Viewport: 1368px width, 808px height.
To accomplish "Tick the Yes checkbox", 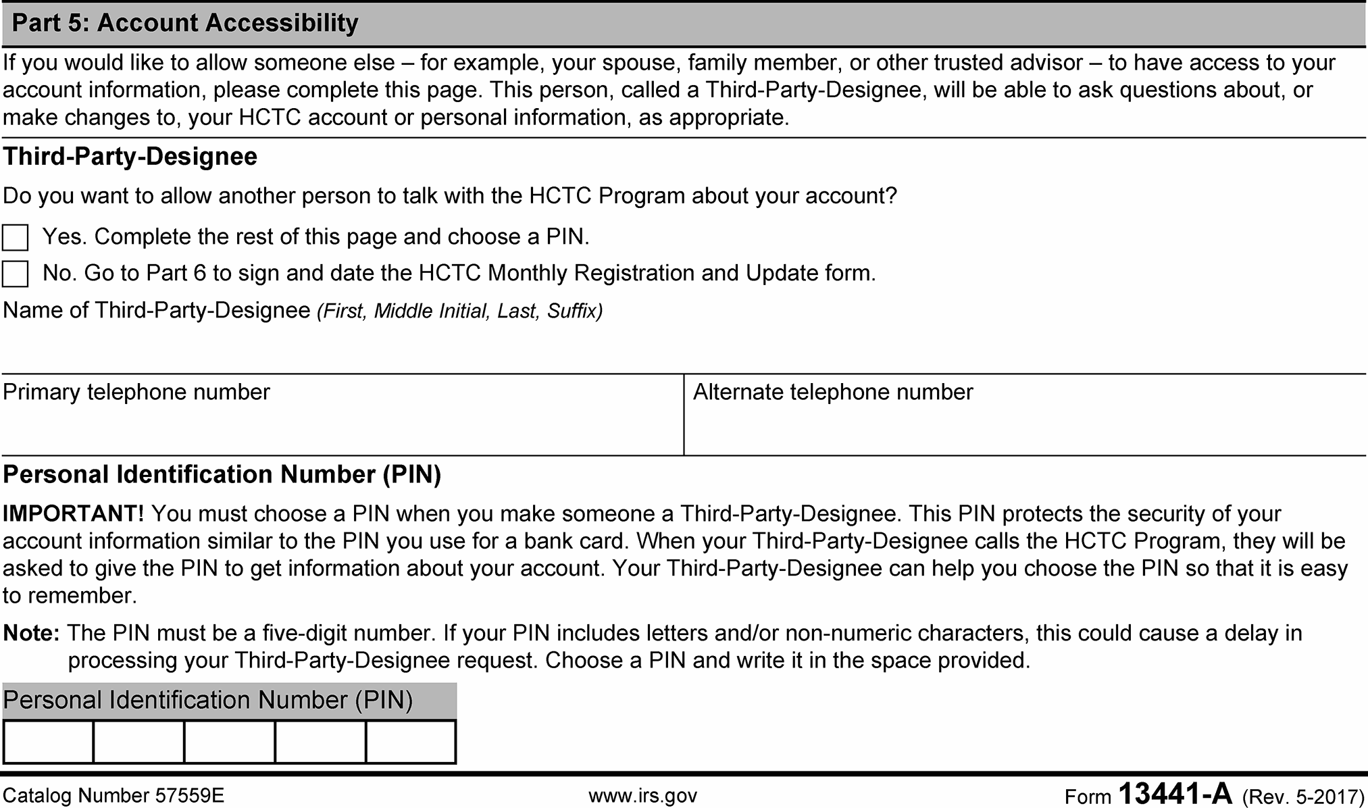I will (16, 238).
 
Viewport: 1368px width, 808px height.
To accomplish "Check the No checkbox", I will (16, 274).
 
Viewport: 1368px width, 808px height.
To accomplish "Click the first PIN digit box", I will (48, 742).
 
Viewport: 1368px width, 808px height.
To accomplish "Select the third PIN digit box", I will (230, 742).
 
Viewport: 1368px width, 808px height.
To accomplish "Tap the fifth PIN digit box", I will (411, 742).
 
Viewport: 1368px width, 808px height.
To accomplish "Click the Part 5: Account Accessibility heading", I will (185, 23).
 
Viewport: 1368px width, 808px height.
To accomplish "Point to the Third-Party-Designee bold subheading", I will (130, 157).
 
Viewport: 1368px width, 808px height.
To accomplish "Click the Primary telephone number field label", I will (136, 393).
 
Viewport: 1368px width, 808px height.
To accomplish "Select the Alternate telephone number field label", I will (833, 393).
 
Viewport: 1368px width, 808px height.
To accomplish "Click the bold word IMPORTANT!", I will (73, 514).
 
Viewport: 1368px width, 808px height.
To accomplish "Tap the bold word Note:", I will (31, 634).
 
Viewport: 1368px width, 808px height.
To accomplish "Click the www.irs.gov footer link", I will (642, 796).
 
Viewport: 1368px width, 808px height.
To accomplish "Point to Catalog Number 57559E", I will (113, 796).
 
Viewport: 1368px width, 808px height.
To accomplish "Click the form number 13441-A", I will (1175, 794).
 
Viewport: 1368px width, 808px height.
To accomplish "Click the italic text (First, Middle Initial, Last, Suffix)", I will (459, 311).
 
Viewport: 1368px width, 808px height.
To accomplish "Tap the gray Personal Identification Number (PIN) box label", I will (208, 701).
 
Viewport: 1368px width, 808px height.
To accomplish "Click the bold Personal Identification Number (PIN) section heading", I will (222, 475).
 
